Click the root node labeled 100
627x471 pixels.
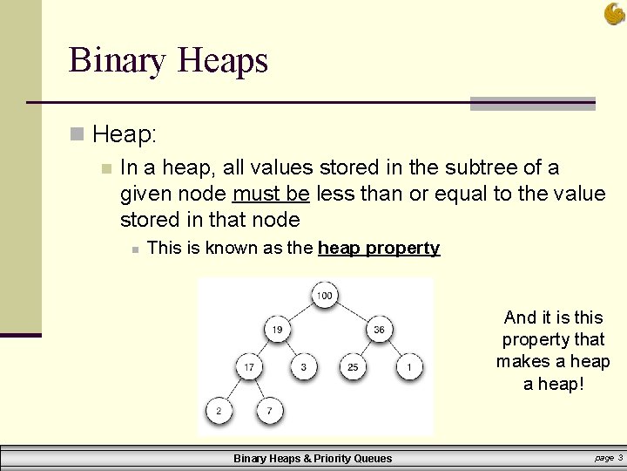coord(324,296)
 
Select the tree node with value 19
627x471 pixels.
coord(277,330)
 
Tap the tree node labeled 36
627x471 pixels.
coord(380,330)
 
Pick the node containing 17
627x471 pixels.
coord(249,367)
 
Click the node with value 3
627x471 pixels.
coord(302,367)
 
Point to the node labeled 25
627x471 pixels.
coord(353,367)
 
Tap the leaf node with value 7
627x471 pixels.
coord(271,409)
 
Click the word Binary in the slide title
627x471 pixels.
coord(118,61)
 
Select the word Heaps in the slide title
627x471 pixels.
coord(222,61)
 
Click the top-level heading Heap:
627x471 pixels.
coord(125,134)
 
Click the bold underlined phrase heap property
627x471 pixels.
coord(379,248)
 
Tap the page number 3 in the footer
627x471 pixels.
coord(619,457)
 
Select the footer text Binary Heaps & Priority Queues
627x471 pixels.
coord(313,458)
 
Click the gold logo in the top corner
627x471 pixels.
coord(614,13)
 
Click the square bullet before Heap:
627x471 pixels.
coord(78,134)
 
